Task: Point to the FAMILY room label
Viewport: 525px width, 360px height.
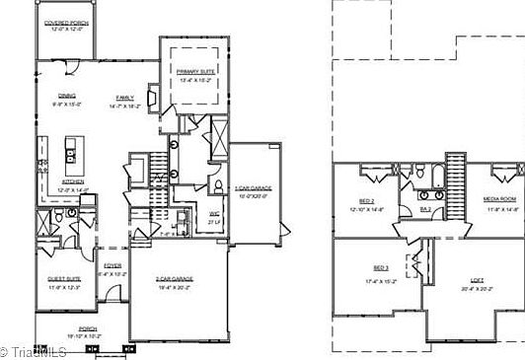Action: tap(125, 97)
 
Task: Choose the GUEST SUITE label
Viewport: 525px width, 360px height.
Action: tap(64, 279)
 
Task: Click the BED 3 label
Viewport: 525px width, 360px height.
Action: tap(381, 268)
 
